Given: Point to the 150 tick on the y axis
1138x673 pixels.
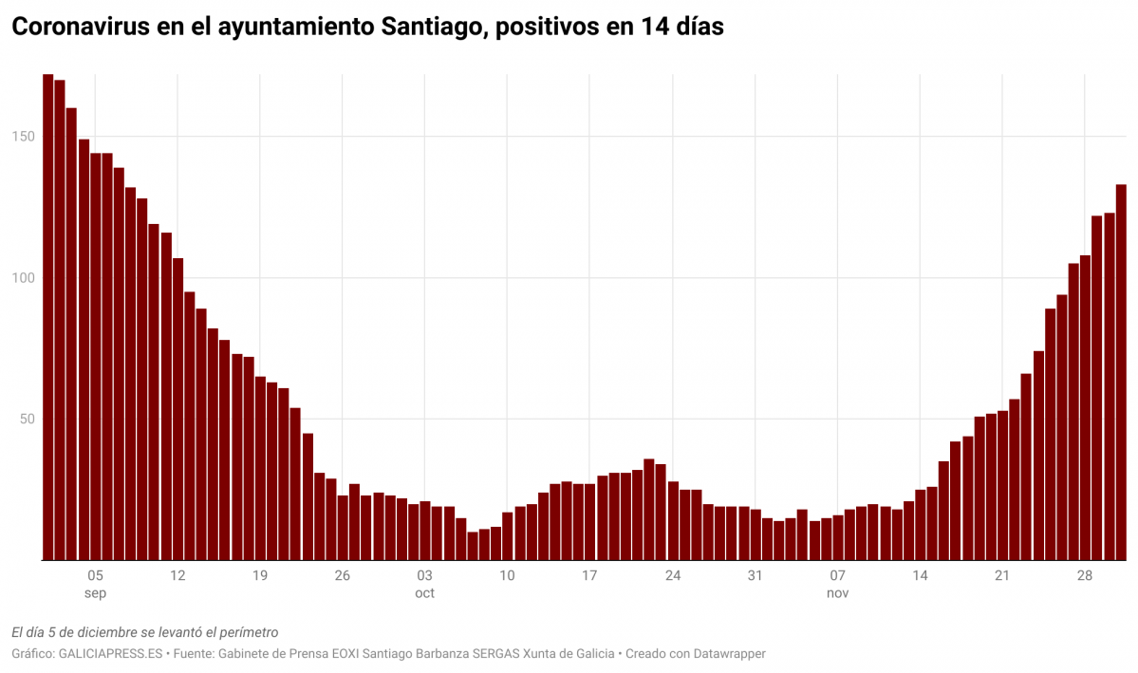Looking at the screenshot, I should pos(24,137).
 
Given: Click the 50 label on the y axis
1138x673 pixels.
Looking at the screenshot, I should pos(27,420).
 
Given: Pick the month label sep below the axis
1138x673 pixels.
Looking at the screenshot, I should pos(95,593).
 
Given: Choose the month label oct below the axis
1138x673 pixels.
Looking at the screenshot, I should pos(424,593).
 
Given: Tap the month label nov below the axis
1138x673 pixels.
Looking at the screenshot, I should pos(837,593).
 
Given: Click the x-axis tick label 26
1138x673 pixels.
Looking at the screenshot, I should pos(342,575).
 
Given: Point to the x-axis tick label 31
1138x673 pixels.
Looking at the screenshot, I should pos(755,575).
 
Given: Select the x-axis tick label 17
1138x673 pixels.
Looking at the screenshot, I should pos(589,575).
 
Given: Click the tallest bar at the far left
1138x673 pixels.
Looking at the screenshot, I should pos(47,318).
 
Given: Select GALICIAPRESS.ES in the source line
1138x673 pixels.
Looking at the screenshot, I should pos(111,654).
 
